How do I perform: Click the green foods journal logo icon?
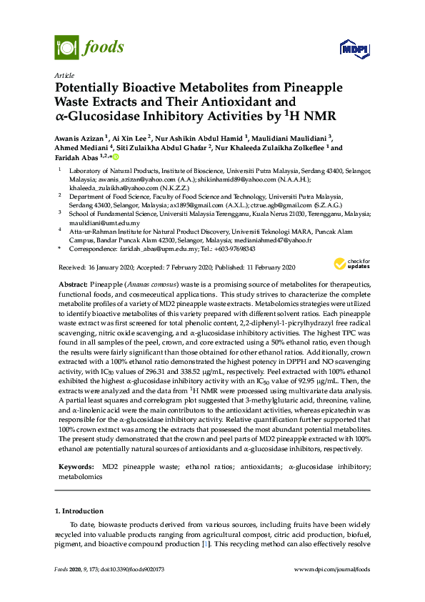[66, 48]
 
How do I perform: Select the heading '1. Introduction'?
[79, 511]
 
